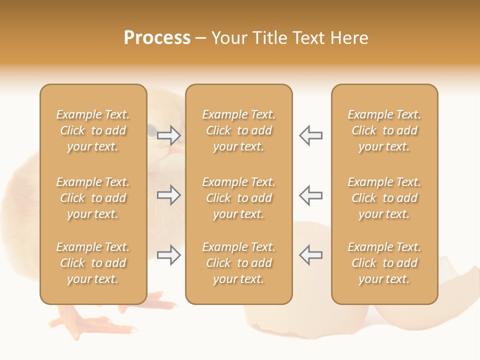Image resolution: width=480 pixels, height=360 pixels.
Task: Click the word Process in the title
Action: tap(157, 38)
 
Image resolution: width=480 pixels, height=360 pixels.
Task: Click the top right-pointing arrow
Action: tap(169, 135)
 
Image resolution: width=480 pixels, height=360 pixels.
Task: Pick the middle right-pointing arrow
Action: tap(169, 195)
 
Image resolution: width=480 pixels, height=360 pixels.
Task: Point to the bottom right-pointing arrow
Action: tap(169, 255)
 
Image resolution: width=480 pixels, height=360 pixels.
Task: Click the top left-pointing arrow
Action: tap(310, 135)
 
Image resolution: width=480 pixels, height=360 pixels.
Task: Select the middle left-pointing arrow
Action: tap(310, 195)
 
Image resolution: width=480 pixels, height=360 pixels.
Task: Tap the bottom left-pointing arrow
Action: tap(310, 255)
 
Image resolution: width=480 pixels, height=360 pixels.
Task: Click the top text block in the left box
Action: tap(93, 130)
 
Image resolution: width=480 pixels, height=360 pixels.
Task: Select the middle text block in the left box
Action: tap(93, 198)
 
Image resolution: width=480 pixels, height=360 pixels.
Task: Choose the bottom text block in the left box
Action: tap(93, 263)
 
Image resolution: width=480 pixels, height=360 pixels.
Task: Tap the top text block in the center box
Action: tap(238, 130)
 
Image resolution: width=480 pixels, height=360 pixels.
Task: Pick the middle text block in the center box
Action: tap(238, 198)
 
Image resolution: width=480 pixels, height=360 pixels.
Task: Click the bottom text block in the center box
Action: tap(238, 263)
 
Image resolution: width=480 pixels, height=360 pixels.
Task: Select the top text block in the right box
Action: tap(384, 130)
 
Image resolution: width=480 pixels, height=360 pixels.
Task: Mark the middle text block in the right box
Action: tap(384, 198)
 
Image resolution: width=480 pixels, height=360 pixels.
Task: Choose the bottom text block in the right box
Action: tap(384, 263)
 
